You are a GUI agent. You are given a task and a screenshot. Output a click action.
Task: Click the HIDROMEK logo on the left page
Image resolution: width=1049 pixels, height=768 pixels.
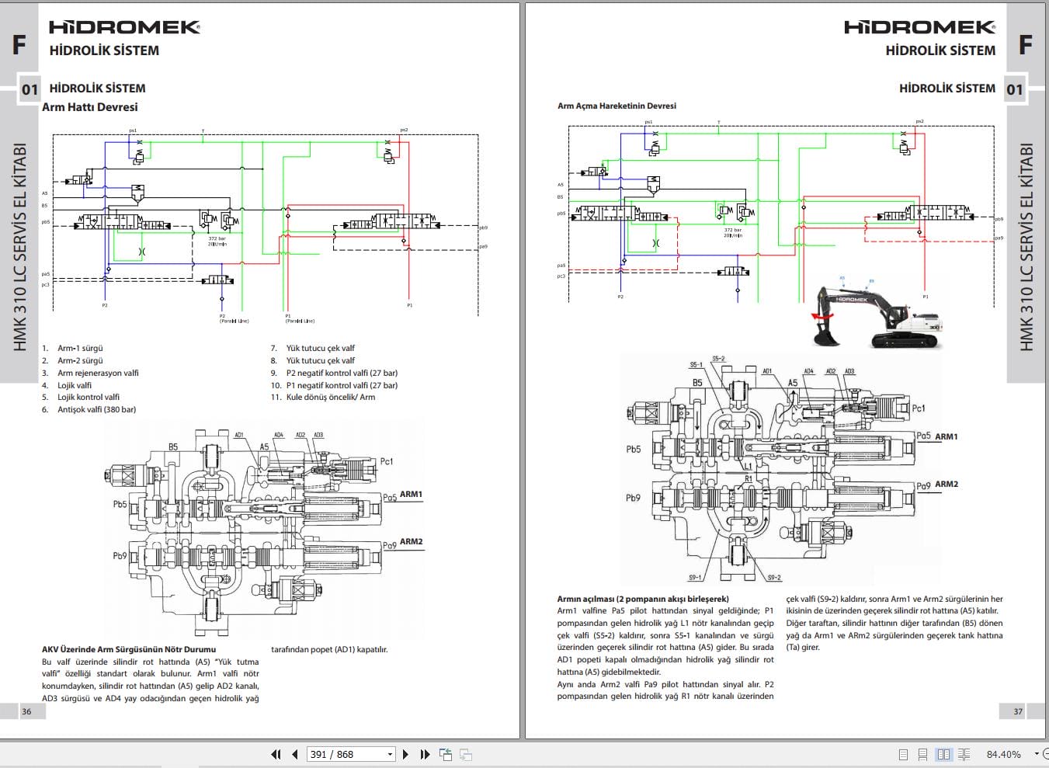124,27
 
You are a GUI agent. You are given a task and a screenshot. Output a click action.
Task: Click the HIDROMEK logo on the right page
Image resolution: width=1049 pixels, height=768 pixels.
919,27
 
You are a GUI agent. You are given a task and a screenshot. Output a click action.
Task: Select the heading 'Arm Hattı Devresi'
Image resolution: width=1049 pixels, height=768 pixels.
89,107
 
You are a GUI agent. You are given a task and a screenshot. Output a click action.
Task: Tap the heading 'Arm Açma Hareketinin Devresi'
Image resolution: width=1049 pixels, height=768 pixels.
617,106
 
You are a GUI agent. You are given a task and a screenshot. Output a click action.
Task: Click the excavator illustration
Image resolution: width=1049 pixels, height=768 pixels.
877,317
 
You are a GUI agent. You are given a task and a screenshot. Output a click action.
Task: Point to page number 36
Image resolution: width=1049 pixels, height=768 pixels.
26,711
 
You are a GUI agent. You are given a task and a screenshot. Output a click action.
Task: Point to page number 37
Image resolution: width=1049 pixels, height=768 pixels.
1018,711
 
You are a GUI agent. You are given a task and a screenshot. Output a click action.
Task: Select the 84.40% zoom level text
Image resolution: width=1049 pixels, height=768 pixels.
1003,754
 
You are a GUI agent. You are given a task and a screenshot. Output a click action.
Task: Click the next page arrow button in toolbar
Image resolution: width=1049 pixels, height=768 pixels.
405,754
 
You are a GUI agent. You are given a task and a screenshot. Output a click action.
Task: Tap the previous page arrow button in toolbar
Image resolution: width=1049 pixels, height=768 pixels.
295,754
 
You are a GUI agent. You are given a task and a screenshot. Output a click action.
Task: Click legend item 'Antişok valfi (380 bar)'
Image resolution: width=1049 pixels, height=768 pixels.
96,409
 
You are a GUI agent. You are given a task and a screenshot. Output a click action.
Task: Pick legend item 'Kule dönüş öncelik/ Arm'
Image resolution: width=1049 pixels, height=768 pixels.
330,397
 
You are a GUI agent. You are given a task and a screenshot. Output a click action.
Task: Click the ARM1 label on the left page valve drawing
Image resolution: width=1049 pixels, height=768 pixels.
411,494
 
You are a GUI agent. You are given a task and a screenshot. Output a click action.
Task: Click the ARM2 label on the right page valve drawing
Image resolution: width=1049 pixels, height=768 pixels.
946,484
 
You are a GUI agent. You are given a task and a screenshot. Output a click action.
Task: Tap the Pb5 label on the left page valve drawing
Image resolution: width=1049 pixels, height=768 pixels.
120,504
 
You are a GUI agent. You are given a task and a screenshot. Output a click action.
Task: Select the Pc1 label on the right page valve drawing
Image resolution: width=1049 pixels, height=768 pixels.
918,408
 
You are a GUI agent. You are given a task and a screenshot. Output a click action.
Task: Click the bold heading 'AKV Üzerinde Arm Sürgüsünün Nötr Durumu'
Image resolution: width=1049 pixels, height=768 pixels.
129,649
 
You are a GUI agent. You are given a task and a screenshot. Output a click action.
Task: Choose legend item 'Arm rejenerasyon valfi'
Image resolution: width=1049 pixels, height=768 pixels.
98,373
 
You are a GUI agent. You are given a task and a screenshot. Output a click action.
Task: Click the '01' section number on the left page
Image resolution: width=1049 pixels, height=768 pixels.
30,89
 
